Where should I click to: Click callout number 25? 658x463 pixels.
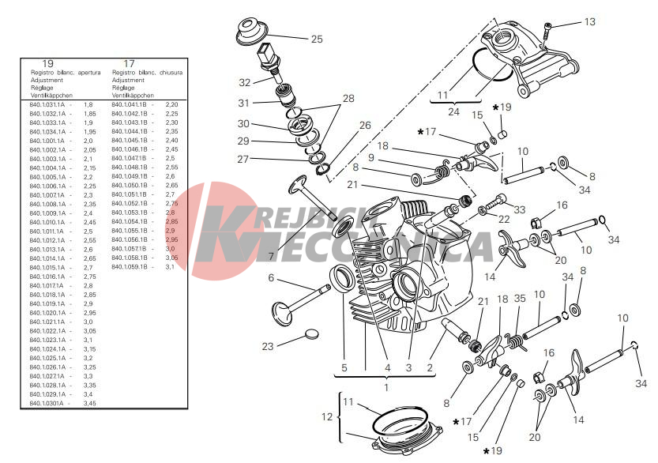coord(316,39)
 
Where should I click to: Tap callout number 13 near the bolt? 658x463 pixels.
coord(590,22)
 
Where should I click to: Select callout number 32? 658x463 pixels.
coord(245,82)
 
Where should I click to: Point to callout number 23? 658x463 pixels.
coord(268,345)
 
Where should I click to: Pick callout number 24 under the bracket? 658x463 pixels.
coord(454,111)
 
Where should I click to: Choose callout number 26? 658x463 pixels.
coord(364,125)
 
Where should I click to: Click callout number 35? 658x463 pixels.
coord(519,299)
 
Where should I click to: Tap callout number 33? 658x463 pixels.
coord(519,209)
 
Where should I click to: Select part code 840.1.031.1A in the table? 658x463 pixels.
coord(47,104)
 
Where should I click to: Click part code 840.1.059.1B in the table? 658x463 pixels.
coord(130,267)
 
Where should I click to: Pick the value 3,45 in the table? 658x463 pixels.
coord(90,403)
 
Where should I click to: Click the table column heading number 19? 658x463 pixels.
coord(48,63)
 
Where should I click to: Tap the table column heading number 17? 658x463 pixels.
coord(129,63)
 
